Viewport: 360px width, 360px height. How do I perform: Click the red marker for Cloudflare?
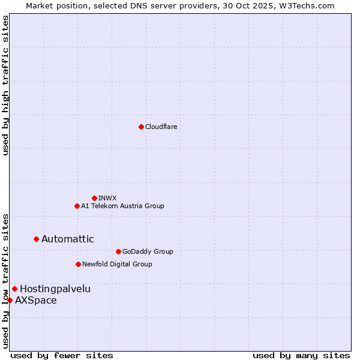[141, 127]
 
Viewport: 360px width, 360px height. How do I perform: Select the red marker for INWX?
[94, 198]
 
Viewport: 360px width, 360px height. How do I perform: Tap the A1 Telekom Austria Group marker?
[77, 206]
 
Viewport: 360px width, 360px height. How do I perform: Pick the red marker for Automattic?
[36, 239]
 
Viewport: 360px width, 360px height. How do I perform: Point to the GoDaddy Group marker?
[118, 251]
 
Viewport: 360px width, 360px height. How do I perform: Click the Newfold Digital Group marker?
[78, 264]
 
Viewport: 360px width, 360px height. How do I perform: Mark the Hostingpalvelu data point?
[14, 289]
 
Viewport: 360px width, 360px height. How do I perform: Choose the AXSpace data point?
[10, 300]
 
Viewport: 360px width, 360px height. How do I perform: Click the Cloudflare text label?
[161, 127]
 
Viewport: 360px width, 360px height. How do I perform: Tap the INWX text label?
[107, 198]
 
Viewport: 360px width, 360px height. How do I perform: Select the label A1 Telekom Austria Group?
[122, 206]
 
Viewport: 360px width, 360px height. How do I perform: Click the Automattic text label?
[67, 239]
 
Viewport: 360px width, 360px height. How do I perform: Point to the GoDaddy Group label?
[148, 251]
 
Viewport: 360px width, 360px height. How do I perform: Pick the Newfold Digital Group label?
[117, 264]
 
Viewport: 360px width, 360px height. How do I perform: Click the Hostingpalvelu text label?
[55, 289]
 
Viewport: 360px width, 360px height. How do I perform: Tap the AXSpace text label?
[36, 300]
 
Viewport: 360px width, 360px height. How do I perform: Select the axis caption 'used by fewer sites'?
[62, 355]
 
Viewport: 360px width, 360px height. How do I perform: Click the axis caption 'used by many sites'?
[301, 355]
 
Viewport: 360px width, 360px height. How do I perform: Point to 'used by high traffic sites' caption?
[5, 85]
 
